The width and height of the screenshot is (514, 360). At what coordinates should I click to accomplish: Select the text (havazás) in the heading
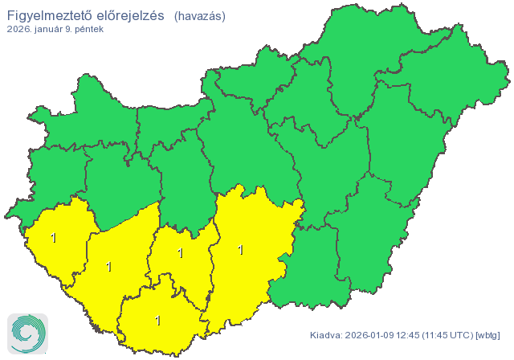click(199, 16)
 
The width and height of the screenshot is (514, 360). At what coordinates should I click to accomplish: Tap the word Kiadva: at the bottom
click(326, 335)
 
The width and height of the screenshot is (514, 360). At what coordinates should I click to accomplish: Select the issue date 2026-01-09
click(372, 335)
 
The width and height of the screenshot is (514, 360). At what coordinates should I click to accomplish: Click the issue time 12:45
click(414, 335)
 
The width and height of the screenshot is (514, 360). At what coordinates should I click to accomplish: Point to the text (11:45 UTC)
click(451, 335)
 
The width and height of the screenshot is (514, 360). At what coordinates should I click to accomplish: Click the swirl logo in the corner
click(27, 333)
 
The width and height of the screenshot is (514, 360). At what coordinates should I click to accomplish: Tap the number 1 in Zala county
click(54, 237)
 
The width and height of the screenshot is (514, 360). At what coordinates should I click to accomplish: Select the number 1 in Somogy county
click(108, 266)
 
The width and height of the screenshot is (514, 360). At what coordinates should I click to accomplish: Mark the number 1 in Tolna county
click(180, 253)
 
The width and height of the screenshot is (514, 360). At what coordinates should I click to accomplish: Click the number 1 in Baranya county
click(157, 320)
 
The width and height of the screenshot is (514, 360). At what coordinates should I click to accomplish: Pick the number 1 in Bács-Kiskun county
click(241, 249)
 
